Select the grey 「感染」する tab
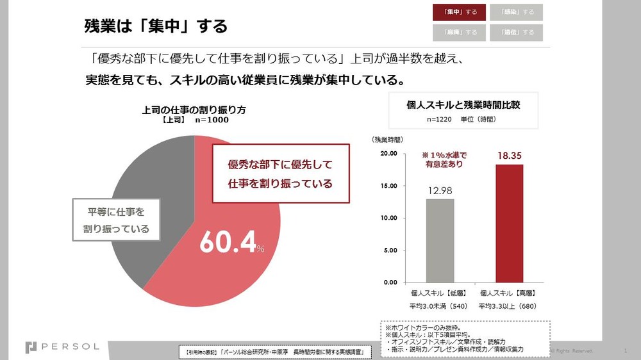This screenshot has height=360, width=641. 516,12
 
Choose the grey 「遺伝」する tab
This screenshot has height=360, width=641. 516,32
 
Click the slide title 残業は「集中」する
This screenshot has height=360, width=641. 156,26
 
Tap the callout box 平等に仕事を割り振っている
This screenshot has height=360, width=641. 116,219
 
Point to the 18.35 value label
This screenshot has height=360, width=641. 509,155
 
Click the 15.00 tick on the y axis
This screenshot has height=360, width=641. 388,186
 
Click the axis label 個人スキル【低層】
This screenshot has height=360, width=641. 440,292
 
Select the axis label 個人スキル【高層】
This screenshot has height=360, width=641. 509,292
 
